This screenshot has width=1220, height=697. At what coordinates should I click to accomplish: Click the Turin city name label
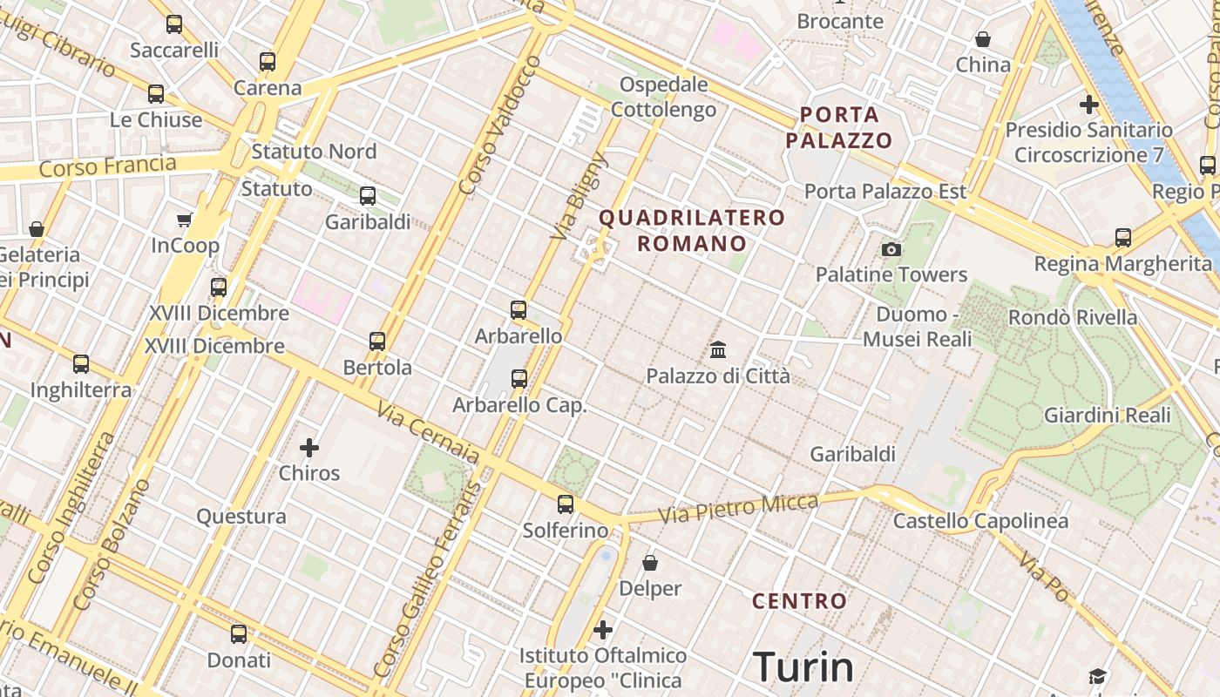[803, 667]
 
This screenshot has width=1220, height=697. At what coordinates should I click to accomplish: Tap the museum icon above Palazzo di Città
[718, 350]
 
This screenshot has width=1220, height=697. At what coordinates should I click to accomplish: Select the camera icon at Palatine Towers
[891, 250]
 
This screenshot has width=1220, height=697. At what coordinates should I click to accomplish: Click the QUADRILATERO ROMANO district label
[692, 230]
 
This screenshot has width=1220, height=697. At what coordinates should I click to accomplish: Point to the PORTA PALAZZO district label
[839, 127]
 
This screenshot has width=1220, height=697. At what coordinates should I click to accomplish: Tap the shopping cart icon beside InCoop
[184, 220]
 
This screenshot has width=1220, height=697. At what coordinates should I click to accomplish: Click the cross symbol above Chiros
[309, 448]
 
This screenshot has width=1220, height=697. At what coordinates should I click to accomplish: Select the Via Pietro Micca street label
[738, 509]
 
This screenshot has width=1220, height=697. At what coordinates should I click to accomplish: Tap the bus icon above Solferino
[566, 504]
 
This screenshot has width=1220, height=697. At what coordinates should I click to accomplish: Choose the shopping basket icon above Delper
[649, 563]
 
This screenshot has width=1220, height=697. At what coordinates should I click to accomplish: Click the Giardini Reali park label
[1108, 415]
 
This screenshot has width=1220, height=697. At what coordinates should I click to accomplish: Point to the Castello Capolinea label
[980, 521]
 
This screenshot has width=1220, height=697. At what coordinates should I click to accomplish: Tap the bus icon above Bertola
[377, 341]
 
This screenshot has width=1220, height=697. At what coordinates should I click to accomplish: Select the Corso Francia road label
[108, 166]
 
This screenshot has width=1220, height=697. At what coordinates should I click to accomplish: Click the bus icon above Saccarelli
[174, 24]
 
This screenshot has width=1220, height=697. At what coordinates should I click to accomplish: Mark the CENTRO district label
[799, 601]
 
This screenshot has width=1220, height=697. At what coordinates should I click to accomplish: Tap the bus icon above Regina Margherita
[1122, 237]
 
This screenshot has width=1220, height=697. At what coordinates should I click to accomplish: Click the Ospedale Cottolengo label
[663, 97]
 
